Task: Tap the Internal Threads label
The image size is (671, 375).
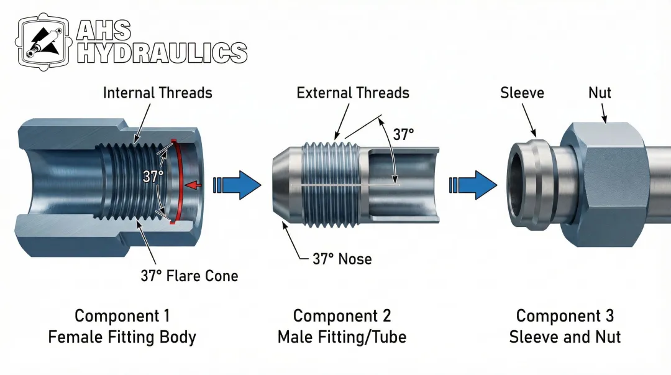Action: pos(157,93)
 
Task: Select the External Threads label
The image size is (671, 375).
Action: pos(353,93)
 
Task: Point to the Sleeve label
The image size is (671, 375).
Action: pos(522,93)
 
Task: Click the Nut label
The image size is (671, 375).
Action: pos(600,93)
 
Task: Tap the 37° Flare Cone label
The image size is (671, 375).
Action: pos(189,275)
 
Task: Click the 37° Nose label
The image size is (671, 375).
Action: pos(342,259)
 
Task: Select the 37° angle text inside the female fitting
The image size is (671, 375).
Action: pos(153,177)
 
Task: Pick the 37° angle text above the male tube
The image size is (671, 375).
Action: pos(403,134)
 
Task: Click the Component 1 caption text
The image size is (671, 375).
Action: pos(122,316)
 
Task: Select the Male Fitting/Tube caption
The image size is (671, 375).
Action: pos(342,338)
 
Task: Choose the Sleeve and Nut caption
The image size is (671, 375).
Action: pos(565,338)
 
